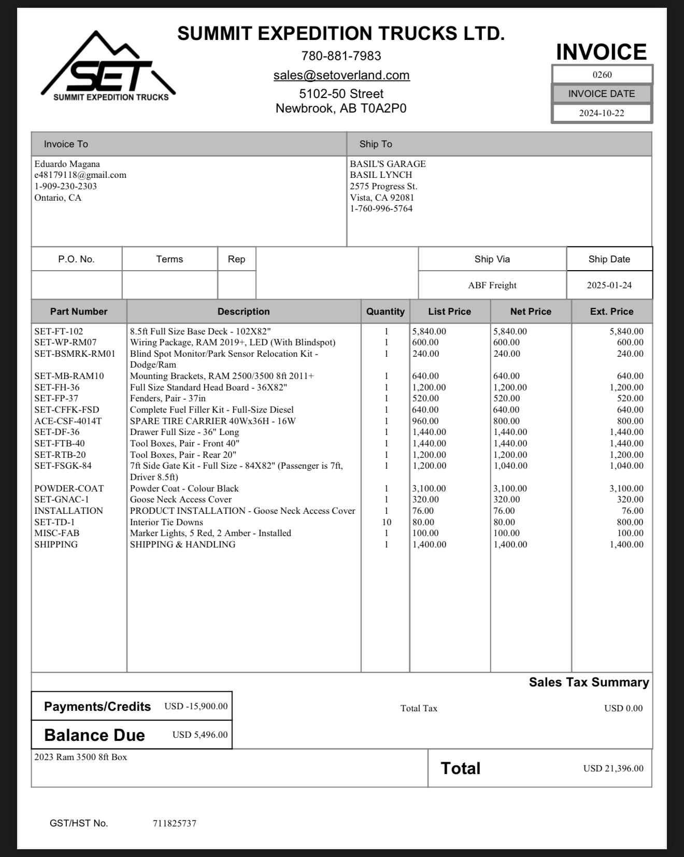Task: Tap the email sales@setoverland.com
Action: click(341, 75)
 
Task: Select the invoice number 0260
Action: click(602, 75)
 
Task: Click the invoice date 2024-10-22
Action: click(602, 114)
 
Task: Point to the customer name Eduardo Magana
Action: click(67, 164)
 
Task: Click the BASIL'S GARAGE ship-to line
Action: click(388, 164)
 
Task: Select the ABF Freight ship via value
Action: click(492, 285)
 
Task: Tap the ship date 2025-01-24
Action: click(609, 285)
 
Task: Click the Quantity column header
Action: click(385, 312)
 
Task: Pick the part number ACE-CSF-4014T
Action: click(68, 421)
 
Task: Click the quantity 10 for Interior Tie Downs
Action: click(386, 522)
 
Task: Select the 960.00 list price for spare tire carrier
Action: click(425, 421)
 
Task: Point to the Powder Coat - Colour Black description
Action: click(184, 488)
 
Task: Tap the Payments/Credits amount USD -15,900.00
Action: click(196, 706)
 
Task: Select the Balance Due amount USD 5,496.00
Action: click(199, 735)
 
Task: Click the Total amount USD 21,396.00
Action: click(613, 768)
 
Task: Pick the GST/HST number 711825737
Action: click(174, 823)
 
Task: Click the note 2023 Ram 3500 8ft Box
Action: click(80, 757)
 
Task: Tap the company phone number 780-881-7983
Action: click(341, 55)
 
